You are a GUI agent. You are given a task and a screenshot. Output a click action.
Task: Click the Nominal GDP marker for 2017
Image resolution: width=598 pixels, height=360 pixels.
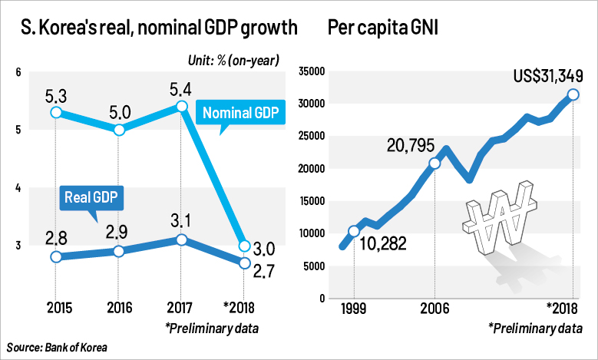click(x=180, y=107)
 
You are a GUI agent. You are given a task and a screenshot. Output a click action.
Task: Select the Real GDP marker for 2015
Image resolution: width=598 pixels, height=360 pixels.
click(x=55, y=256)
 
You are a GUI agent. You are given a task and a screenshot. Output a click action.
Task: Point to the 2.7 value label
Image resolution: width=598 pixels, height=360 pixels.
click(x=263, y=271)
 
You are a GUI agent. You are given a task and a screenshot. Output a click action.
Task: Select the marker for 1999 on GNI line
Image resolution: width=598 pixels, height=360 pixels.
click(x=354, y=231)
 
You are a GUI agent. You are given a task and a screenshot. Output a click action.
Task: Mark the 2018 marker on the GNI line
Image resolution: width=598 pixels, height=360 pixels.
click(x=573, y=95)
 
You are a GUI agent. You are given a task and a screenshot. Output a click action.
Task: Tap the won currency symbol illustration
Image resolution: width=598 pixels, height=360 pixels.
click(x=500, y=219)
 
